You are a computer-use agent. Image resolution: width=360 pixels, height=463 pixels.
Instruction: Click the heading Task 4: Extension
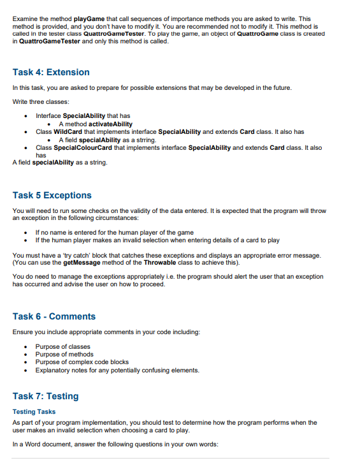pos(51,72)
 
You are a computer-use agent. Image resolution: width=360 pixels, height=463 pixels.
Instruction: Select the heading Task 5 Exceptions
pos(52,195)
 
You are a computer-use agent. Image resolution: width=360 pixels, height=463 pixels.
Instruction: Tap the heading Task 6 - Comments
pos(54,316)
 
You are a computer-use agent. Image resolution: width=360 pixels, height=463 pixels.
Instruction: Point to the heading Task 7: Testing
pos(46,396)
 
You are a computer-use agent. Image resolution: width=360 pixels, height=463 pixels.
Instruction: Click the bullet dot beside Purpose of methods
pos(24,355)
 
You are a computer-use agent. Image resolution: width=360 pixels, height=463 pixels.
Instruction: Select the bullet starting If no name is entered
pos(114,231)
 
